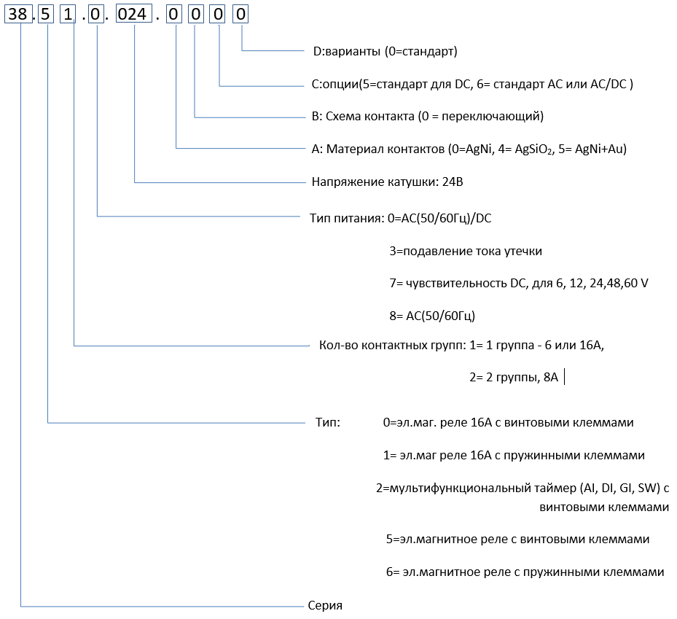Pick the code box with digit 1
[x=68, y=15]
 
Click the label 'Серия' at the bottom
[x=325, y=606]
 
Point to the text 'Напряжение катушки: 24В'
[x=387, y=182]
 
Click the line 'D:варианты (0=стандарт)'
[x=385, y=52]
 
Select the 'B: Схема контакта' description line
[x=428, y=117]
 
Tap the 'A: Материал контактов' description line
[x=469, y=149]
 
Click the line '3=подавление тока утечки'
[x=466, y=252]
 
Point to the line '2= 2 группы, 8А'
[x=514, y=378]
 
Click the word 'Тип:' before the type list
[x=328, y=422]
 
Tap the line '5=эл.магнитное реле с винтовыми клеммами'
[x=517, y=540]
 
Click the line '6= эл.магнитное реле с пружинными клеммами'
[x=525, y=572]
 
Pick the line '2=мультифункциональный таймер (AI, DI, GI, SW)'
[x=522, y=488]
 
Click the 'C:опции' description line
[x=472, y=85]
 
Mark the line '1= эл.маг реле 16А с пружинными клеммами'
[x=514, y=456]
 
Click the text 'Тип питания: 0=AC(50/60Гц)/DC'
[x=406, y=217]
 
